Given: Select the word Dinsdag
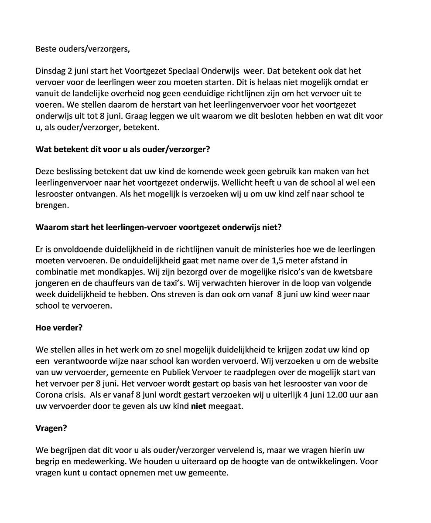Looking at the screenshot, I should click(x=50, y=71).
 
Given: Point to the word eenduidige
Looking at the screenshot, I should click(x=201, y=94).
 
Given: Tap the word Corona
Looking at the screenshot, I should click(x=49, y=395).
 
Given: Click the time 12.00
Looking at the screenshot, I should click(x=328, y=395).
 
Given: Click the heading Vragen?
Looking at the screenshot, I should click(x=51, y=428).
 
